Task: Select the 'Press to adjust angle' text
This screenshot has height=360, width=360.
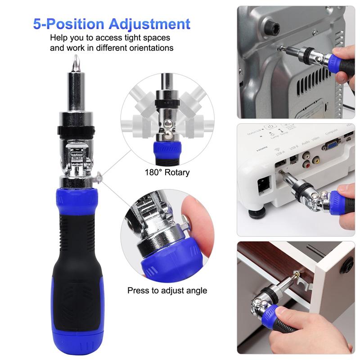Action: (167, 290)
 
